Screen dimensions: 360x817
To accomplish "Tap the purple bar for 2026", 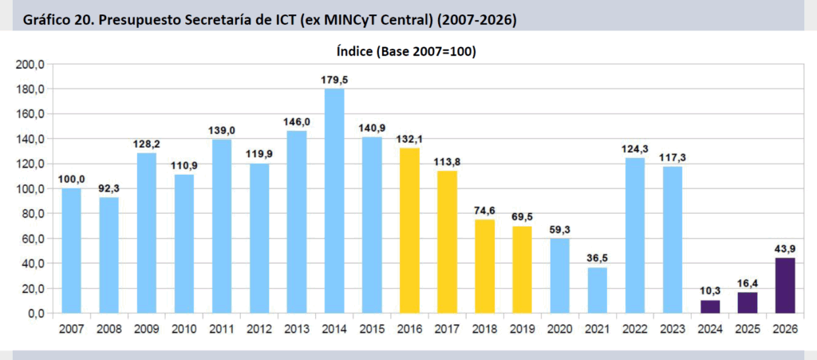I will [786, 286].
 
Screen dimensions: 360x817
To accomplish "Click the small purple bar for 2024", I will [710, 307].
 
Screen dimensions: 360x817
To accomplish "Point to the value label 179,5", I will [335, 79].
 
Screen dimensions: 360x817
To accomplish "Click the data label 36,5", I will [598, 258].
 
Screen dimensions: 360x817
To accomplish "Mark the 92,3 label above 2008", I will [109, 188].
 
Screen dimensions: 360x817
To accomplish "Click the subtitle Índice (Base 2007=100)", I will [407, 51].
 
